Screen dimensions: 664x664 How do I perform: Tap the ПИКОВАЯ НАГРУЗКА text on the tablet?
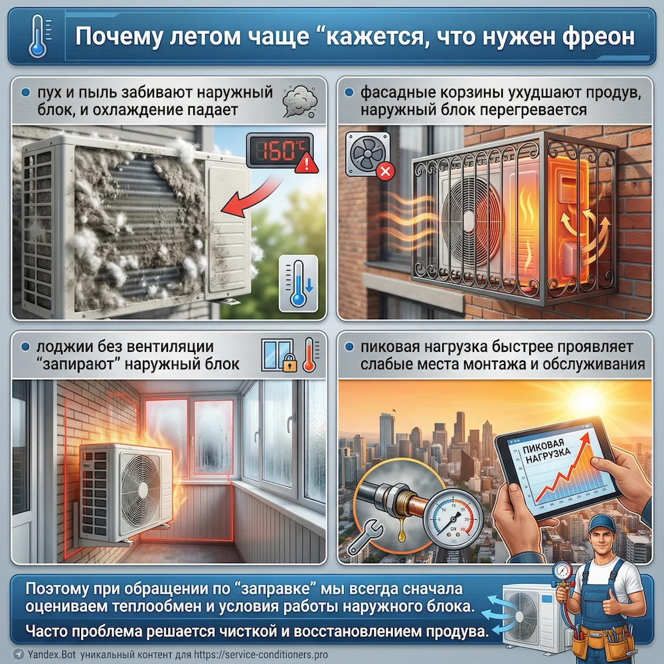(545, 451)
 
